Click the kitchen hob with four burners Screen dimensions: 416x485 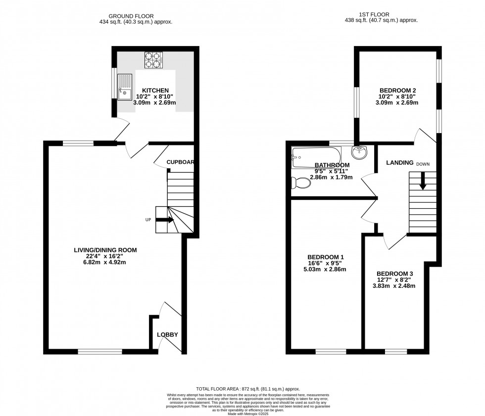click(153, 60)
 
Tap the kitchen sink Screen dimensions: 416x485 click(124, 85)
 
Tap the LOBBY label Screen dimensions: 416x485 click(167, 335)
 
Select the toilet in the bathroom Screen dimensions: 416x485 click(301, 184)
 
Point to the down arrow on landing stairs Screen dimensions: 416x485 click(423, 182)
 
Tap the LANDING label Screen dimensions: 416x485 click(399, 163)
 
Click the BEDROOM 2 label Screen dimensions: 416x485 click(395, 90)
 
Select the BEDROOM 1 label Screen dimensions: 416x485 click(326, 257)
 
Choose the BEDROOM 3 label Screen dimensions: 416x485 click(394, 274)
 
